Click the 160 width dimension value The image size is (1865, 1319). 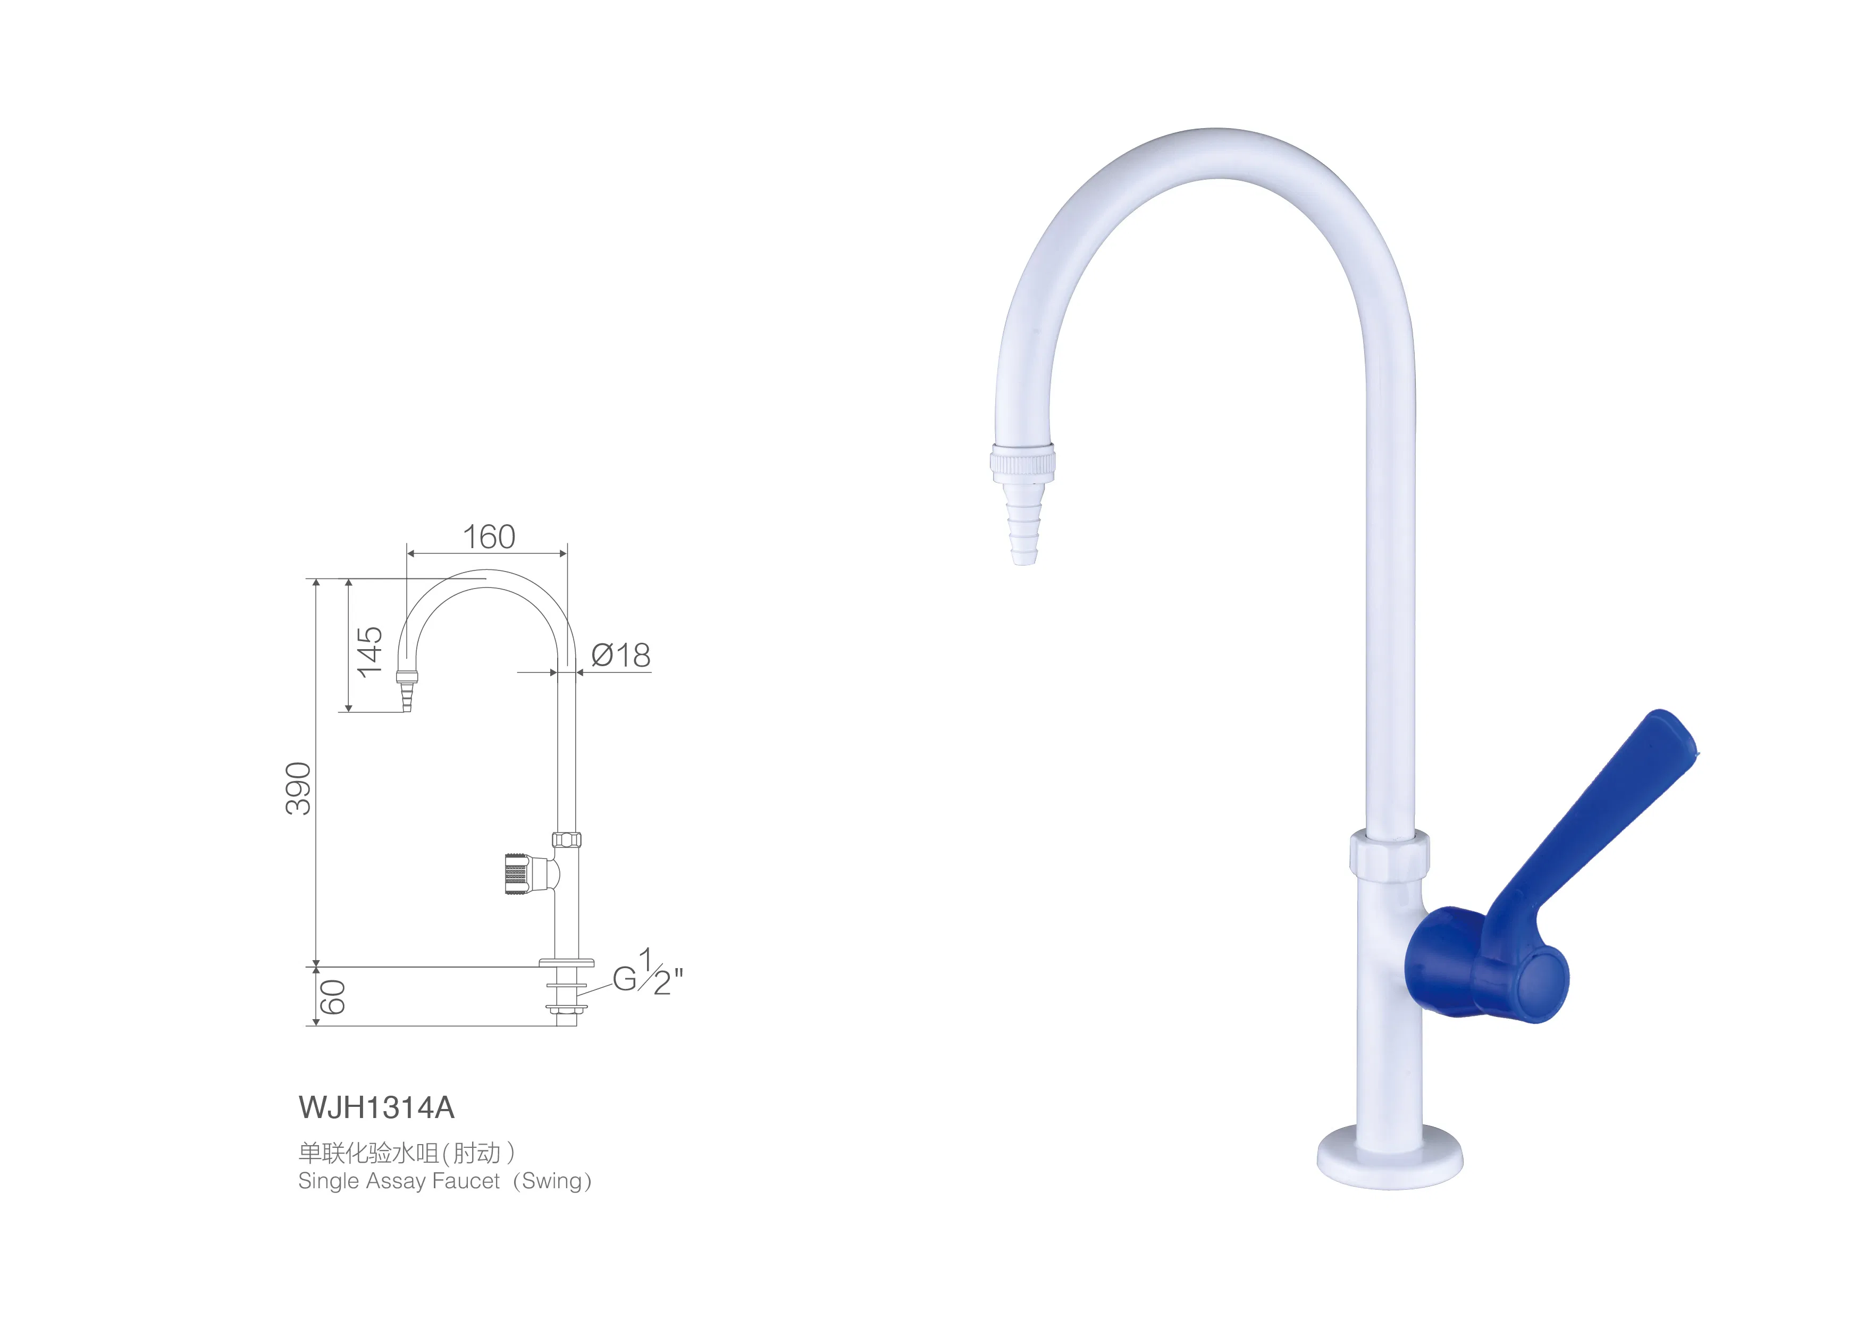(489, 537)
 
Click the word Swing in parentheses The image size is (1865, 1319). (552, 1182)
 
